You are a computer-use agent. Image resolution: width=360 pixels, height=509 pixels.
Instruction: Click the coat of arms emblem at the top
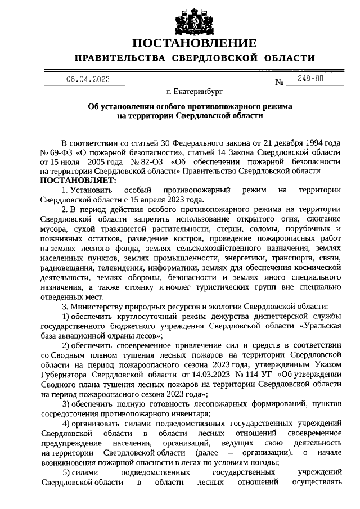pos(194,19)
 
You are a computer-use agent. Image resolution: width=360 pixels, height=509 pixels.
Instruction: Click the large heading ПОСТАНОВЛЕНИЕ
pos(194,43)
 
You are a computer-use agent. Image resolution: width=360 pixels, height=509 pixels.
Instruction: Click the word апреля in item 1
pos(152,199)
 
